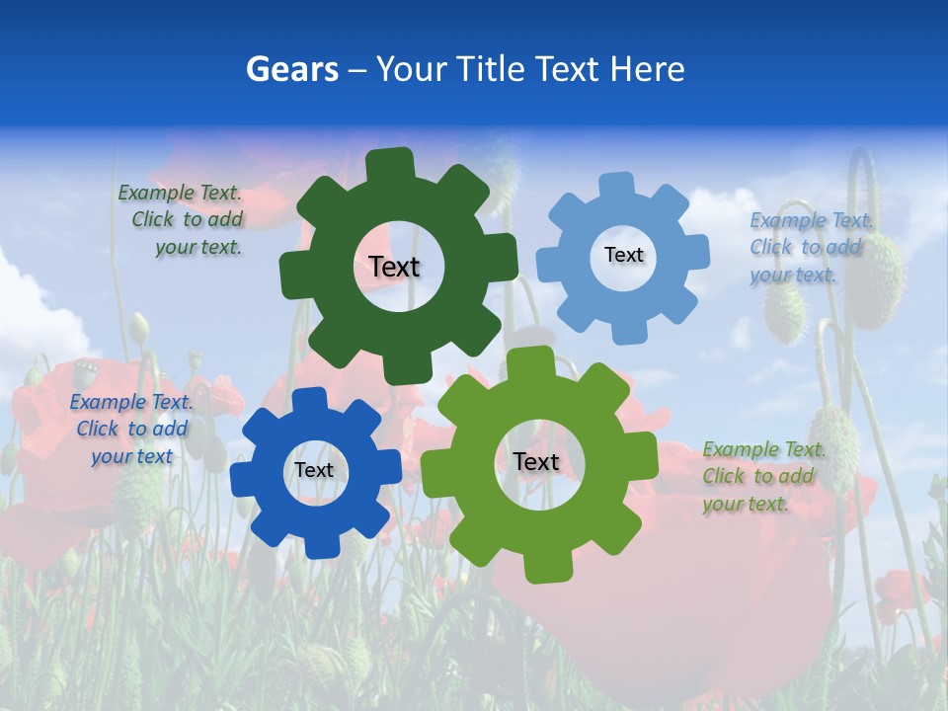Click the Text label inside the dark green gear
click(x=394, y=267)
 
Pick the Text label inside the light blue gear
click(x=623, y=255)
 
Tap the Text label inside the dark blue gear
click(x=314, y=470)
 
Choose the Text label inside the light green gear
click(x=536, y=461)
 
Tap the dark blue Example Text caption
click(x=131, y=429)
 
